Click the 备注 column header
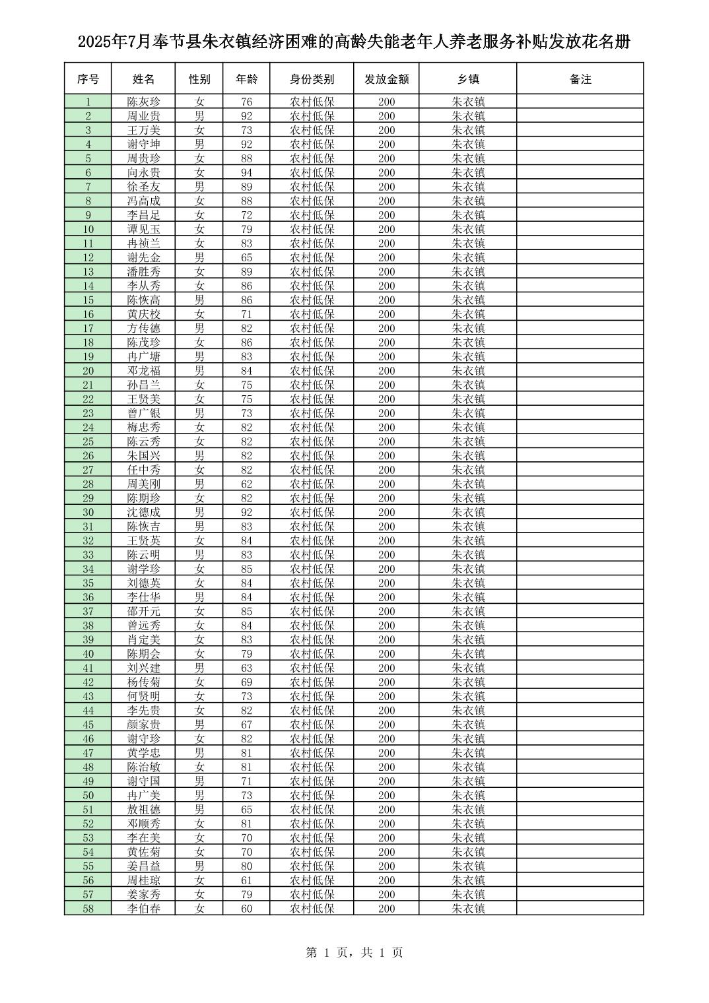tap(580, 79)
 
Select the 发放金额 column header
tap(386, 79)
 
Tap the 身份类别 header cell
tap(312, 79)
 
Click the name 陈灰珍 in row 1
tap(143, 102)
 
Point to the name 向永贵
tap(143, 172)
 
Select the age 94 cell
tap(246, 172)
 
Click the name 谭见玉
tap(143, 229)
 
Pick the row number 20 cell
tap(88, 371)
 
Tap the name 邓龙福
tap(143, 371)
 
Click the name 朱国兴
tap(143, 455)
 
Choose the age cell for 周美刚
tap(246, 484)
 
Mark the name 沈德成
tap(143, 512)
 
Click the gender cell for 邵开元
tap(199, 611)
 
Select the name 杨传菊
tap(143, 682)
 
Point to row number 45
tap(88, 725)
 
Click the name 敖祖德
tap(143, 809)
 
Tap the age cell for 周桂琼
tap(246, 880)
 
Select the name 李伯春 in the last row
tap(143, 909)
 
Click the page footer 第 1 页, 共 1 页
tap(355, 952)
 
